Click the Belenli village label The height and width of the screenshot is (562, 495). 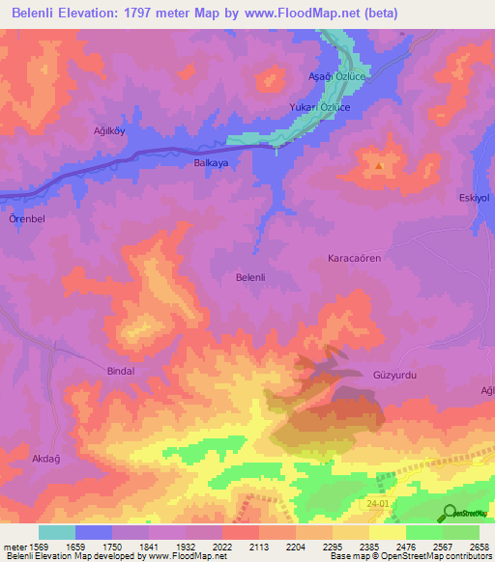coord(250,277)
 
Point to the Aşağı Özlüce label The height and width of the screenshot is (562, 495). coord(335,76)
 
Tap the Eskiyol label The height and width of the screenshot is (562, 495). coord(476,198)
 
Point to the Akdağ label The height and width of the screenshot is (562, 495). coord(47,459)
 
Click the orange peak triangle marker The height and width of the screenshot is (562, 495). coord(379,165)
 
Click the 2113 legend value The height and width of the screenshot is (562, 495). coord(258,545)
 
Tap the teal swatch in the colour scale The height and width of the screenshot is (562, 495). coord(56,531)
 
